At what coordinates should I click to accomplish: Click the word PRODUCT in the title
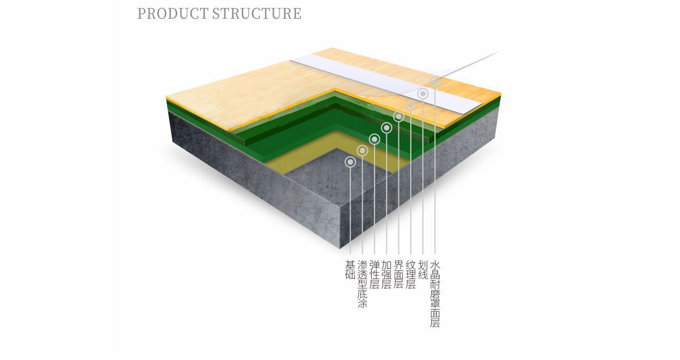tap(173, 14)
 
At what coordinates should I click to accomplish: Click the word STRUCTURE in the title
tap(257, 14)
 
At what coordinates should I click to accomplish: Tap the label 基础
tap(350, 271)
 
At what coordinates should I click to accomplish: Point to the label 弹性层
tap(375, 275)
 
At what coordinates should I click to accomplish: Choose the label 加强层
tap(386, 275)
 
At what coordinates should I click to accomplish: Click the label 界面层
tap(399, 275)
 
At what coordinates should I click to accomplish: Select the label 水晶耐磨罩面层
tap(435, 294)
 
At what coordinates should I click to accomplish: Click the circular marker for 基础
tap(350, 162)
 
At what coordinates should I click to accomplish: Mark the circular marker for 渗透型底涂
tap(363, 150)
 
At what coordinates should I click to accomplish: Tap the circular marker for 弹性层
tap(375, 139)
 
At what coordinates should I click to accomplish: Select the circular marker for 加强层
tap(386, 128)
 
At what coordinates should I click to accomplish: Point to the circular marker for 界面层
tap(399, 117)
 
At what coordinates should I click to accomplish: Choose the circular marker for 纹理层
tap(411, 105)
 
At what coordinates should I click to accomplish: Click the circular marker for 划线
tap(423, 94)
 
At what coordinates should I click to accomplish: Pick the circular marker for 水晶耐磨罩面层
tap(435, 82)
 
